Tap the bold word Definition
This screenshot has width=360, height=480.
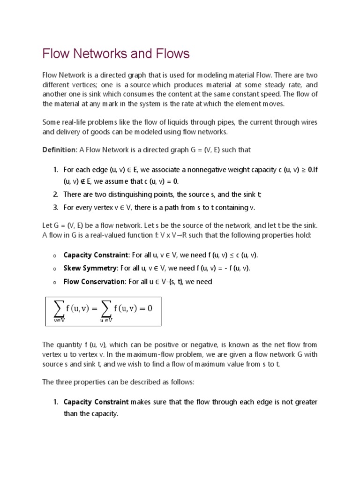click(59, 150)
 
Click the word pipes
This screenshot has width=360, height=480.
click(223, 122)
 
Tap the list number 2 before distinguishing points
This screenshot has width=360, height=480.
click(55, 194)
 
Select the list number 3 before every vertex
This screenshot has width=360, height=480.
click(55, 207)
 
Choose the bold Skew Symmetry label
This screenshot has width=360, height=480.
click(91, 268)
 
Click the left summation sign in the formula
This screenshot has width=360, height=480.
click(58, 309)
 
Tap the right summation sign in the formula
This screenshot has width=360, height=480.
click(106, 309)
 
